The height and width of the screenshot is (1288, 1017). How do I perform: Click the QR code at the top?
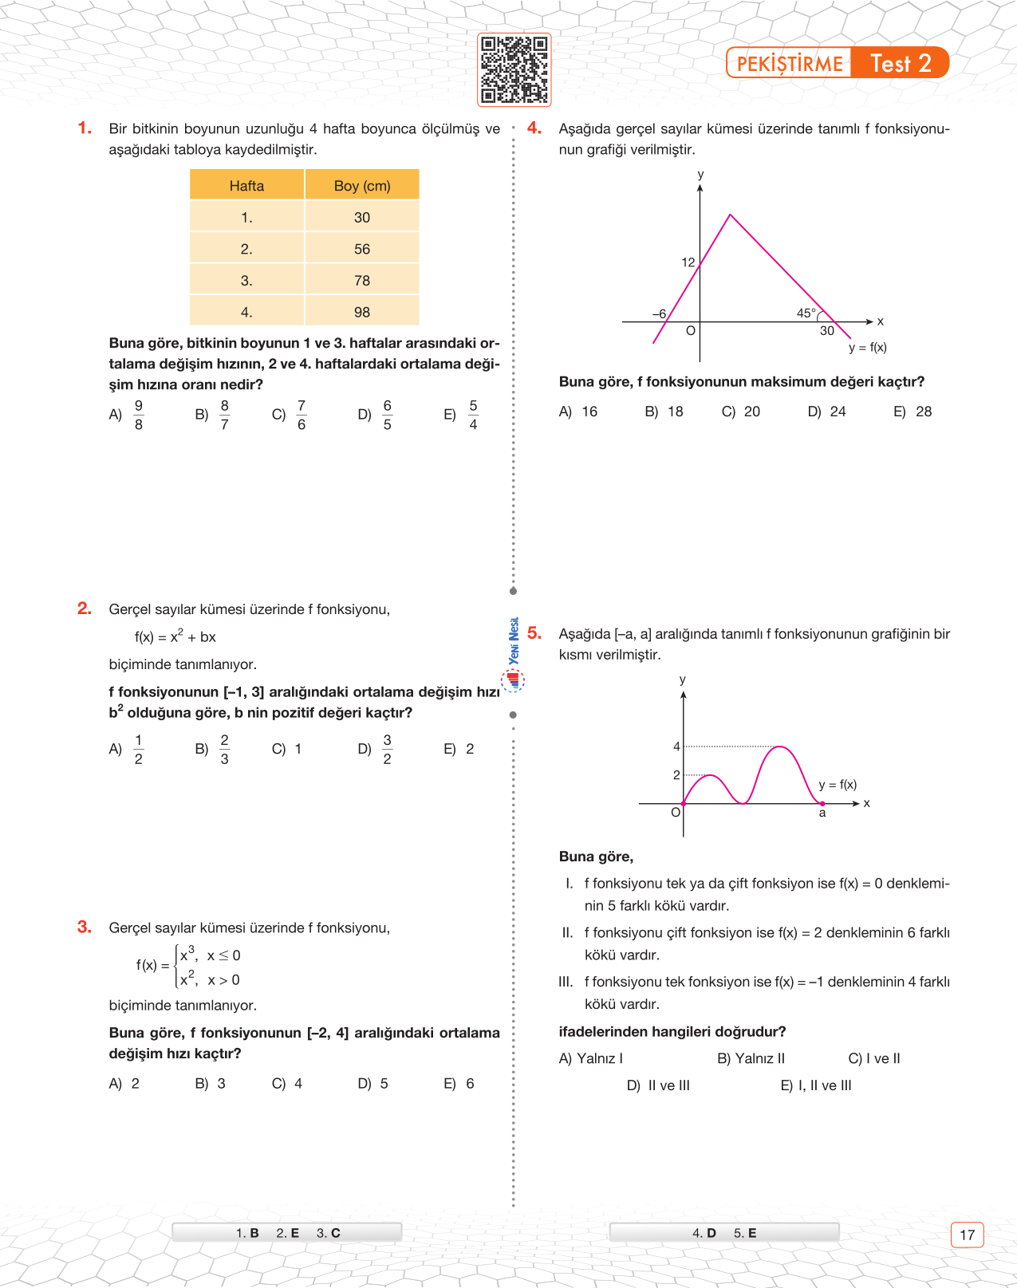coord(514,70)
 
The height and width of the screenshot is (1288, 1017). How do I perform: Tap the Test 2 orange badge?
coord(901,63)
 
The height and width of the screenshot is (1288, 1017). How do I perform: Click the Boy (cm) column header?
coord(362,186)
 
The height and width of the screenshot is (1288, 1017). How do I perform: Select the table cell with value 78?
coord(362,281)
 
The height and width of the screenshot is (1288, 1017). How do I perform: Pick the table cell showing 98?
coord(362,313)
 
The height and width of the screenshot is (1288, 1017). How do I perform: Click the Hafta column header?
coord(246,186)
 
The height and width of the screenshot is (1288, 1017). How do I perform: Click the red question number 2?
coord(84,609)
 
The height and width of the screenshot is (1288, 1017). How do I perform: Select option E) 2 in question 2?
coord(459,749)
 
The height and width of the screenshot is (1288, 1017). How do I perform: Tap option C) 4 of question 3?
coord(287,1084)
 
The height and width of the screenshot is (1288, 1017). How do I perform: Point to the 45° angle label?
coord(806,313)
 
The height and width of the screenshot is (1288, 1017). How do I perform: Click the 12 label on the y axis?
coord(688,262)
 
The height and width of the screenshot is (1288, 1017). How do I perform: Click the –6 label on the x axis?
coord(659,314)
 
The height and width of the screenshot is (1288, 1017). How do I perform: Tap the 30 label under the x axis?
coord(827,331)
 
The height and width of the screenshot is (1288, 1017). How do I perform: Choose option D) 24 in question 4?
coord(827,412)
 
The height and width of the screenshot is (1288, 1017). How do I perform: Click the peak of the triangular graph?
coord(730,215)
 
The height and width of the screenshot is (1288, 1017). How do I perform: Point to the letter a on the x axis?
coord(822,813)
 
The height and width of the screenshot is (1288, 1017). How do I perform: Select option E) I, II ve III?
coord(816,1085)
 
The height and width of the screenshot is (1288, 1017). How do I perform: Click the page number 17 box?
coord(967,1235)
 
